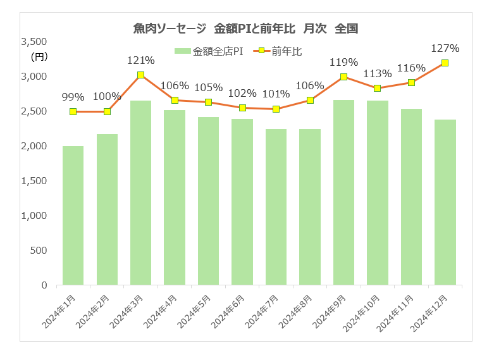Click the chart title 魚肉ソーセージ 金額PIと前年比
tap(246, 28)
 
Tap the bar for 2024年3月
tap(140, 192)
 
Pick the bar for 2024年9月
tap(343, 192)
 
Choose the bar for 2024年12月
tap(445, 202)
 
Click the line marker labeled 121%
tap(140, 75)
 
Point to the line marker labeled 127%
tap(445, 63)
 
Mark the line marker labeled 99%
tap(73, 111)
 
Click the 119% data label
tap(343, 63)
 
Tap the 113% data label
tap(377, 74)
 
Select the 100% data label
tap(107, 97)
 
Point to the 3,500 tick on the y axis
tap(34, 42)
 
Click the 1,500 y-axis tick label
tap(34, 181)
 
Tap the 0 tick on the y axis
tap(44, 285)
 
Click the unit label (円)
tap(39, 57)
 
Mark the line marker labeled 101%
tap(276, 109)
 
